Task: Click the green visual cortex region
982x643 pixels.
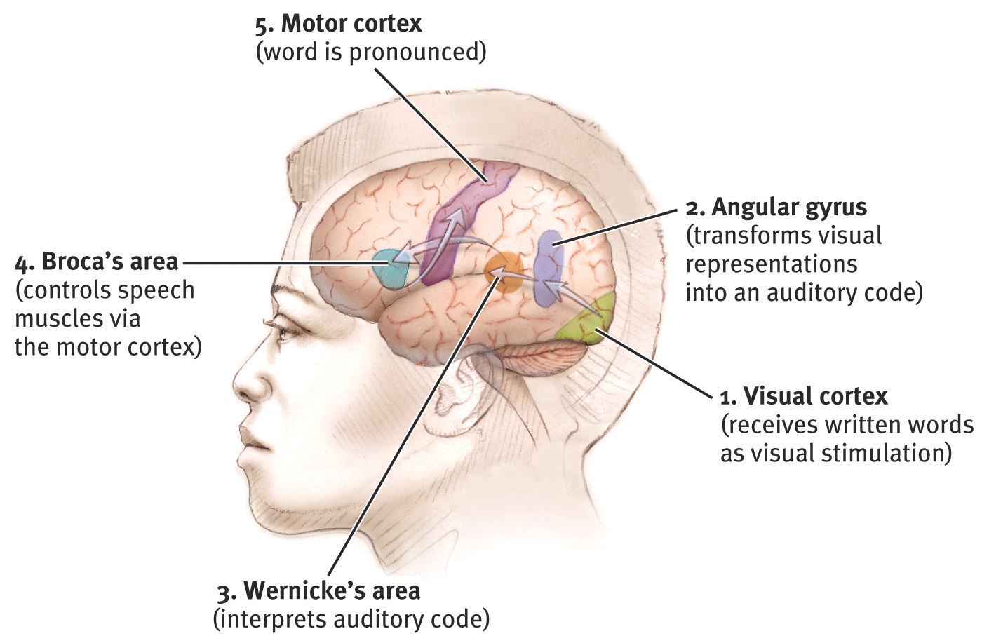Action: pyautogui.click(x=593, y=320)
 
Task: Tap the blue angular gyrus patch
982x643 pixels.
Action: pyautogui.click(x=549, y=270)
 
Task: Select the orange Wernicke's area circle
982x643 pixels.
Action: pyautogui.click(x=504, y=273)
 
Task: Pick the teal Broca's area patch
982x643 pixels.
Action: pyautogui.click(x=388, y=269)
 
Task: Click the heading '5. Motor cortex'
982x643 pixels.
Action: pyautogui.click(x=338, y=24)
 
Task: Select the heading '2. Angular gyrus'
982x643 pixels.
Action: pyautogui.click(x=776, y=207)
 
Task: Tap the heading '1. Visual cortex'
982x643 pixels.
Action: pyautogui.click(x=804, y=396)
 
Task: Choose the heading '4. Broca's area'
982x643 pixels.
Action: pyautogui.click(x=97, y=262)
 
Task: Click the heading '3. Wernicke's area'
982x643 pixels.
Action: pyautogui.click(x=318, y=590)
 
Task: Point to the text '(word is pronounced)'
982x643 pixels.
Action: pyautogui.click(x=370, y=53)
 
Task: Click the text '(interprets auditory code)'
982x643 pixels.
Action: pyautogui.click(x=351, y=619)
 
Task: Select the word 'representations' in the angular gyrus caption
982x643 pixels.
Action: pyautogui.click(x=771, y=264)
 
